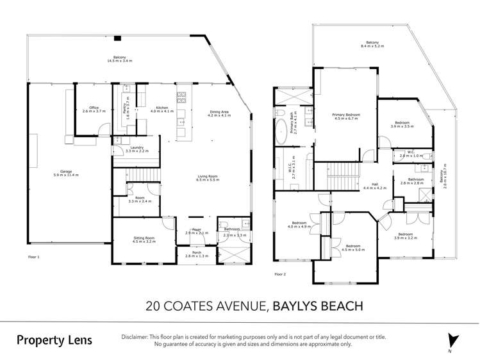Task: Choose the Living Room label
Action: tap(208, 178)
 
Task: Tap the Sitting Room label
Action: tap(144, 239)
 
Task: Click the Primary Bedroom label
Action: tap(345, 116)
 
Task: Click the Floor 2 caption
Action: tap(279, 274)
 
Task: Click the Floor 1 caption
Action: tap(34, 257)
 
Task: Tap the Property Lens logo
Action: tap(54, 340)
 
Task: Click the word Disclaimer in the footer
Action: tap(137, 336)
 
